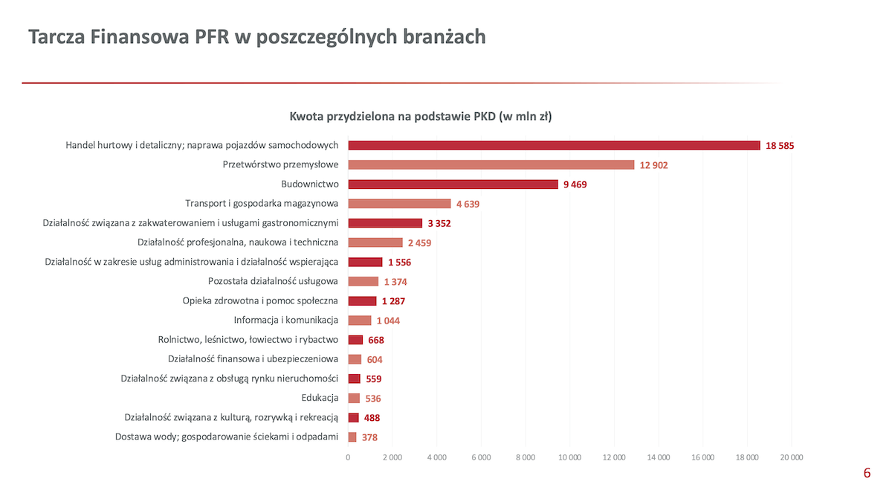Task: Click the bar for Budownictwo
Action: click(x=453, y=184)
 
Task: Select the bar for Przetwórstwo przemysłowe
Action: click(x=491, y=165)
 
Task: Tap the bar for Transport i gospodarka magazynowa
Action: click(x=399, y=204)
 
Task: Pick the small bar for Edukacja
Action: click(x=354, y=399)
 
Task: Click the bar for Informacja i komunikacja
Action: click(x=360, y=321)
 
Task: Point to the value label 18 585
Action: click(x=780, y=146)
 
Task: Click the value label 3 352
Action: click(x=439, y=223)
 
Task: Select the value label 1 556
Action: click(x=399, y=263)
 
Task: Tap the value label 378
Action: click(x=369, y=438)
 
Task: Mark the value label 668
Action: click(x=376, y=340)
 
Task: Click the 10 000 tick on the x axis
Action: click(x=569, y=457)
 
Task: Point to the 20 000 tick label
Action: click(x=791, y=457)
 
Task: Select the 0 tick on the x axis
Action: click(x=348, y=457)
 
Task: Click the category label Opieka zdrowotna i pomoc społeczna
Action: click(x=260, y=300)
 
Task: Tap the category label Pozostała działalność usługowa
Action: click(x=273, y=281)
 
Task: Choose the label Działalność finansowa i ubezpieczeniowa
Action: click(x=253, y=359)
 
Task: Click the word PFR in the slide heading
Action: click(x=212, y=36)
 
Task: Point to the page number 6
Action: click(x=867, y=473)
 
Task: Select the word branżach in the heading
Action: click(x=445, y=36)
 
